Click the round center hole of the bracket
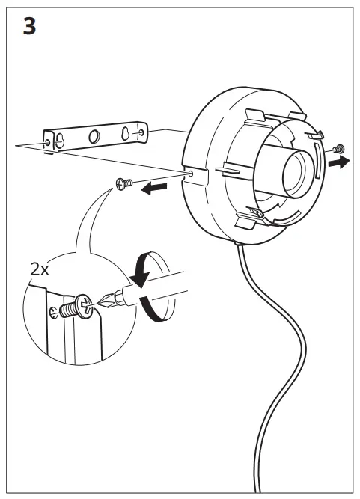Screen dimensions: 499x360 click(x=94, y=136)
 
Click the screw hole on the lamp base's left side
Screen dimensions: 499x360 click(x=194, y=173)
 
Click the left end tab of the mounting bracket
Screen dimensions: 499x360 click(x=48, y=142)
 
